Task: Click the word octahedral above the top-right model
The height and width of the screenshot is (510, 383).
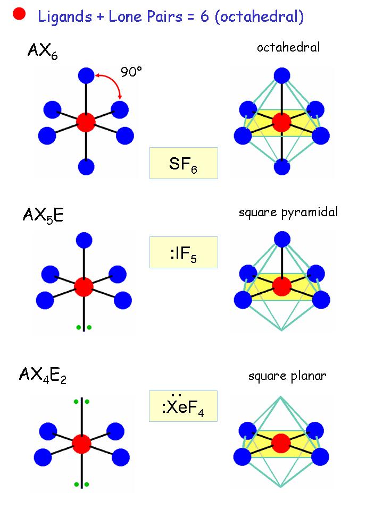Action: pos(288,48)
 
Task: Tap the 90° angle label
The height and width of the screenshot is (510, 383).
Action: pos(131,72)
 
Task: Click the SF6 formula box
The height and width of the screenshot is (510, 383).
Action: pos(184,163)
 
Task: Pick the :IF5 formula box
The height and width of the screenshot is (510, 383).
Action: pos(184,252)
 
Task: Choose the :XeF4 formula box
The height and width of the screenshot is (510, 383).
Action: pos(184,406)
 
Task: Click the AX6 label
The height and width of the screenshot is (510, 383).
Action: pos(42,52)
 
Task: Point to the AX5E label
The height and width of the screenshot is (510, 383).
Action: pos(43,215)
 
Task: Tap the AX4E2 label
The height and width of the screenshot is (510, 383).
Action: pos(43,376)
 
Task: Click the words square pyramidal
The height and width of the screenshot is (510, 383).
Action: pos(288,212)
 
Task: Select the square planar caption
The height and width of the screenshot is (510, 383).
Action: pos(287,376)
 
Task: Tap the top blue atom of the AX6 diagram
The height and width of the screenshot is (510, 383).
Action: pos(86,75)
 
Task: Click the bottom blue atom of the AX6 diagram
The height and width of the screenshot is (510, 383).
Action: pos(86,167)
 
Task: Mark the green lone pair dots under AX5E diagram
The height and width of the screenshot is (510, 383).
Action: pos(84,327)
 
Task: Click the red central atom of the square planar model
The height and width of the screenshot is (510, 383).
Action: pos(281,443)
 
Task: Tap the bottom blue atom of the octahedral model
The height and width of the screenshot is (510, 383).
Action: pos(281,167)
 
